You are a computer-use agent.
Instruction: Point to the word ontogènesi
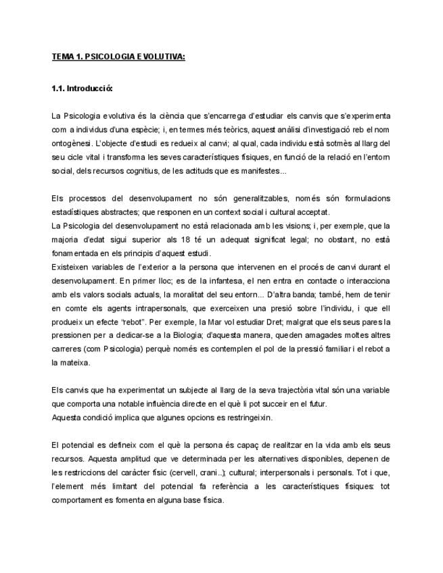74,144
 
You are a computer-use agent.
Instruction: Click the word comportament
81,501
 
